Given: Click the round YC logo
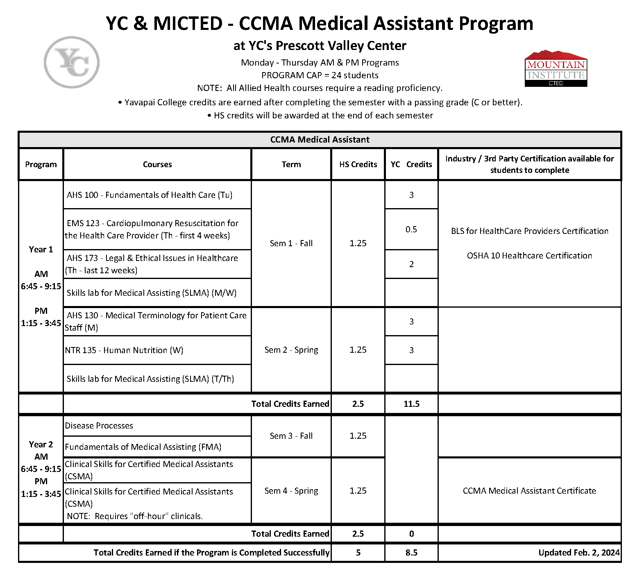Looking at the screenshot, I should pyautogui.click(x=72, y=62).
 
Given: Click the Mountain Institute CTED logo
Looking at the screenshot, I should pyautogui.click(x=556, y=69).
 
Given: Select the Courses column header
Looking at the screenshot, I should pyautogui.click(x=157, y=164).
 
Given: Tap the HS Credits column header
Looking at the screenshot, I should pyautogui.click(x=358, y=164).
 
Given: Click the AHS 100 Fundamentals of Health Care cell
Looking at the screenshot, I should pyautogui.click(x=150, y=195).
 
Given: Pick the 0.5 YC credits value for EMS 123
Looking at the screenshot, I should pyautogui.click(x=411, y=229).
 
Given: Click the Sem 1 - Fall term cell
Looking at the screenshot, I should pyautogui.click(x=291, y=243).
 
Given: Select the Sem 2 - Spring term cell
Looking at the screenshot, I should pyautogui.click(x=291, y=350).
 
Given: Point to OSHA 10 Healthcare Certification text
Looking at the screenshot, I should pyautogui.click(x=529, y=256).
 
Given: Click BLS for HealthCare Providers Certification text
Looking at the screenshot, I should pyautogui.click(x=529, y=231).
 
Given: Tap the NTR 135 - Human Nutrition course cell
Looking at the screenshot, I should pyautogui.click(x=124, y=350).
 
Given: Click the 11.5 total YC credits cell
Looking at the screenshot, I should pyautogui.click(x=411, y=404).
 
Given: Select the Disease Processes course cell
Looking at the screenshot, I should pyautogui.click(x=99, y=426).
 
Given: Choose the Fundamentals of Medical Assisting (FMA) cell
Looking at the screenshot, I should pyautogui.click(x=143, y=447).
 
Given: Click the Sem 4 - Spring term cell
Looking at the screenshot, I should pyautogui.click(x=291, y=491).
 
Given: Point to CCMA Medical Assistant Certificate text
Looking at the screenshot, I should pyautogui.click(x=529, y=491).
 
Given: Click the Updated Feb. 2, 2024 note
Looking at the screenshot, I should pyautogui.click(x=578, y=553).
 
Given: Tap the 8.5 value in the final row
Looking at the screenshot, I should pyautogui.click(x=411, y=553).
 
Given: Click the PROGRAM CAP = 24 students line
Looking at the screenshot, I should pyautogui.click(x=320, y=75).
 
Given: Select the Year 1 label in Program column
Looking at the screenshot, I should pyautogui.click(x=41, y=249).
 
